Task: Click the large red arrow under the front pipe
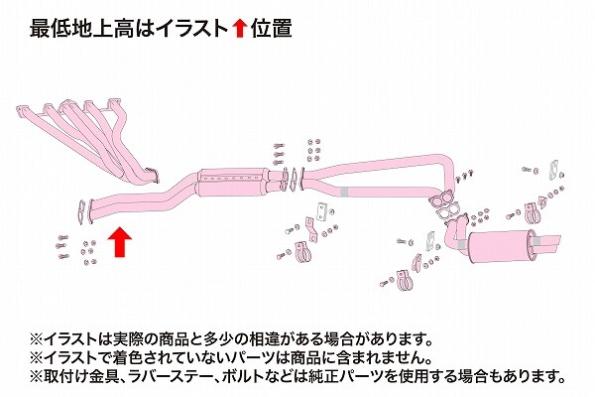(x=120, y=242)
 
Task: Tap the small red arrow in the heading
(x=239, y=29)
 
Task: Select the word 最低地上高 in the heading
(x=81, y=29)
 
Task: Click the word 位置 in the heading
(x=271, y=29)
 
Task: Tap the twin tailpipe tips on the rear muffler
(x=547, y=244)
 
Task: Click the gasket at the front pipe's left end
(x=81, y=212)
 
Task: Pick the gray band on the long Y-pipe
(x=344, y=193)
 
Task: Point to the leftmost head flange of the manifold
(x=23, y=111)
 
